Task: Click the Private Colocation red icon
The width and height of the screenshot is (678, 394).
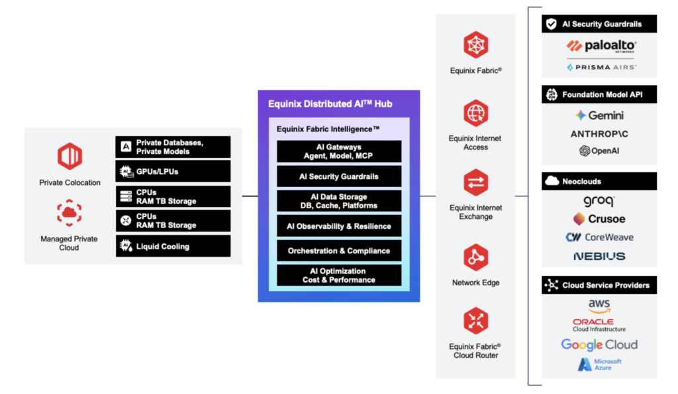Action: [70, 157]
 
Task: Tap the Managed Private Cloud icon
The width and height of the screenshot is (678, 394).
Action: [70, 213]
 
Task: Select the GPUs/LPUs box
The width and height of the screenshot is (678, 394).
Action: [173, 171]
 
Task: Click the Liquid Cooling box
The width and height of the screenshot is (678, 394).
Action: [173, 246]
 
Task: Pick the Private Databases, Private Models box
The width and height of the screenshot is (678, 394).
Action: [173, 147]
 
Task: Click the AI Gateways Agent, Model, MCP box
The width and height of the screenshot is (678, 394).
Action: [339, 151]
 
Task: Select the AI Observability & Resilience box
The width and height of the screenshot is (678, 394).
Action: [339, 226]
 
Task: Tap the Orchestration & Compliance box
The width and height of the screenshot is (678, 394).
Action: [339, 251]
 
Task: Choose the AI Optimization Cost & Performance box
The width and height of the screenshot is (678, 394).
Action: [339, 275]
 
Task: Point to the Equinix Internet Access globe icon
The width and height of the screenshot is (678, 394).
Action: [475, 113]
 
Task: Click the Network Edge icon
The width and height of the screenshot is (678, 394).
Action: [475, 257]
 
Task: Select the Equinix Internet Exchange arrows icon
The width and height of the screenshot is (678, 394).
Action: [475, 183]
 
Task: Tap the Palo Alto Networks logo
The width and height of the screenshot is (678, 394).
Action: [601, 46]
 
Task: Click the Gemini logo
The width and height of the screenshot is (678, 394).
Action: [599, 115]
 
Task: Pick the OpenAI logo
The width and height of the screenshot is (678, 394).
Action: [599, 151]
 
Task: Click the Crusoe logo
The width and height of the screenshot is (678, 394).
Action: [599, 218]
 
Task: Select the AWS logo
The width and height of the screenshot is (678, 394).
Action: [599, 306]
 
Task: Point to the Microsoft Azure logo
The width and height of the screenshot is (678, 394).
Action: [599, 365]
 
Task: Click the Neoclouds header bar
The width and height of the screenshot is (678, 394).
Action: [599, 181]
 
